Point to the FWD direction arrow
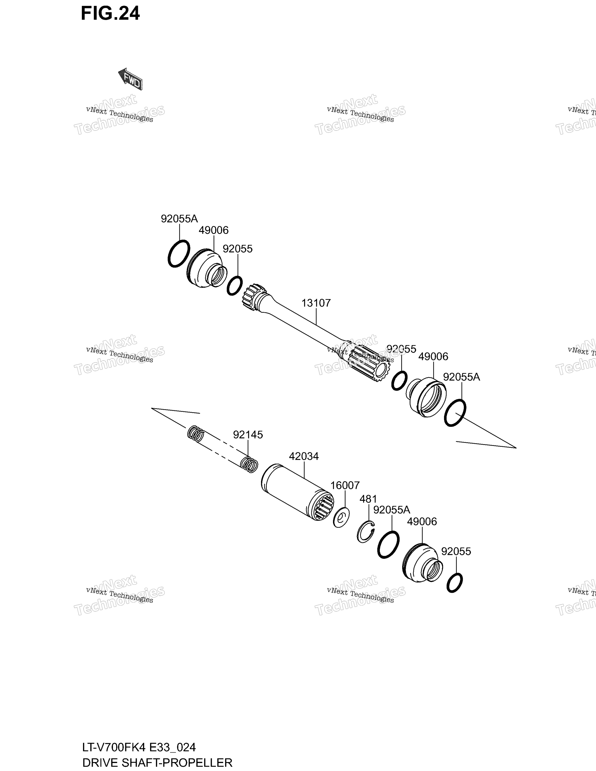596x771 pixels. pyautogui.click(x=130, y=79)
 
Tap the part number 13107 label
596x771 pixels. pyautogui.click(x=316, y=303)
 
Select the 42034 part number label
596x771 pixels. pyautogui.click(x=304, y=457)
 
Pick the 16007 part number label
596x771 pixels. pyautogui.click(x=345, y=485)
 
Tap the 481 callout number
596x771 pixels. pyautogui.click(x=368, y=499)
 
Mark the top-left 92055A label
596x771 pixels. pyautogui.click(x=179, y=219)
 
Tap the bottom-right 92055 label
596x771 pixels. pyautogui.click(x=456, y=551)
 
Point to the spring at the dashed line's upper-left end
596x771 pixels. pyautogui.click(x=196, y=433)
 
